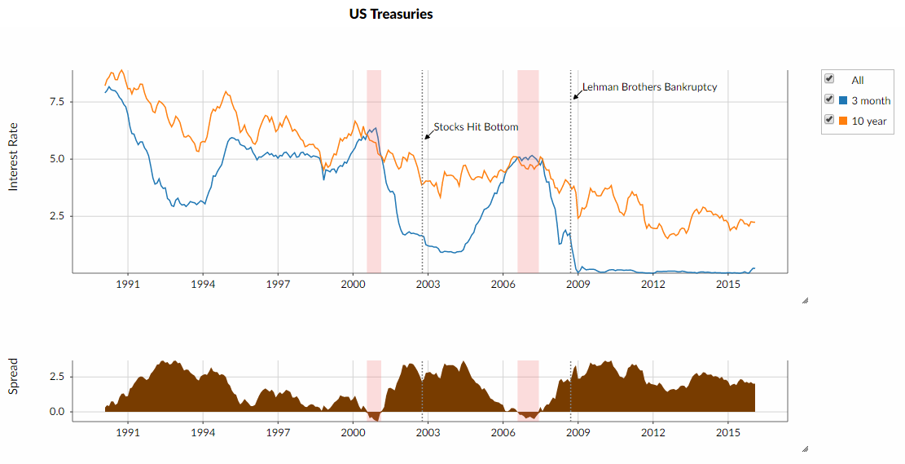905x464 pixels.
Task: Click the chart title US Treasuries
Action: (391, 14)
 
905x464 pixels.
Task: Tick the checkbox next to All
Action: (829, 79)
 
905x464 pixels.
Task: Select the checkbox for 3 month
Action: (829, 99)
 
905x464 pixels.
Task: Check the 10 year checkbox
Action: (829, 120)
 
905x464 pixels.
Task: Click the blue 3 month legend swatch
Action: (843, 100)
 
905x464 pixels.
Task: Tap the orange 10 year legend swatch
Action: (843, 121)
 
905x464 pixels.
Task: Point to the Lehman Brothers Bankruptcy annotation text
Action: (649, 87)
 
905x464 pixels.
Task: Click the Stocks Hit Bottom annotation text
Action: (476, 127)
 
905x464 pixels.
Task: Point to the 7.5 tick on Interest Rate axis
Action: (56, 102)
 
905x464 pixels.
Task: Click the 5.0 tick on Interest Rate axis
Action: (56, 159)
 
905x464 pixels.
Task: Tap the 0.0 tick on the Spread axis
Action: (56, 412)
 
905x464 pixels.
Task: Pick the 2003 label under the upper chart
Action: (428, 284)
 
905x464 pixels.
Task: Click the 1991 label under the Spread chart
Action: (128, 432)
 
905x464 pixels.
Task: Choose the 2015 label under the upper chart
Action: (727, 284)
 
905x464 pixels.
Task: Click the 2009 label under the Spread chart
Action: (578, 432)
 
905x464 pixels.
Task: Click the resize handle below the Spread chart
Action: (805, 448)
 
